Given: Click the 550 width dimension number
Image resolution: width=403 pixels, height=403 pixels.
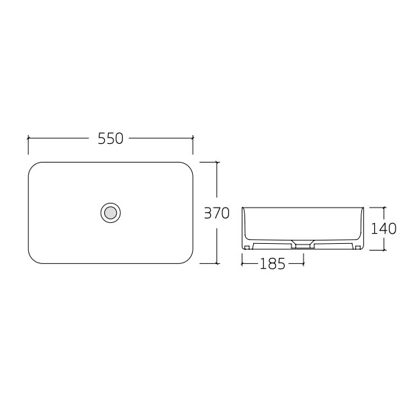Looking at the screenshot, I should pyautogui.click(x=111, y=138).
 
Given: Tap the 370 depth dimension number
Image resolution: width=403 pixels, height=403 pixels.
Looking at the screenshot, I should pyautogui.click(x=217, y=213).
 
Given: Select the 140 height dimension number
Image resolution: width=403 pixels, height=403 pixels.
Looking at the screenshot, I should pyautogui.click(x=384, y=228).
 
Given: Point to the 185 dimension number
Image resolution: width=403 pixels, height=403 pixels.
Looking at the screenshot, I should pyautogui.click(x=272, y=264).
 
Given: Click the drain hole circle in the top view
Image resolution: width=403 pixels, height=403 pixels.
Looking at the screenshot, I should pyautogui.click(x=110, y=213).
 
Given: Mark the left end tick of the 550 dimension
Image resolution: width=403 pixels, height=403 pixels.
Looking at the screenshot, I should pyautogui.click(x=28, y=138).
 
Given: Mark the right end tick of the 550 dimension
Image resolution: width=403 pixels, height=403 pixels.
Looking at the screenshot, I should pyautogui.click(x=193, y=138).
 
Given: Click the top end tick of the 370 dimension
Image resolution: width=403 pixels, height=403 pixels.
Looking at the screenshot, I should pyautogui.click(x=217, y=162).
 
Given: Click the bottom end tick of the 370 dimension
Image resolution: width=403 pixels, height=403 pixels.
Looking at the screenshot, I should pyautogui.click(x=217, y=263).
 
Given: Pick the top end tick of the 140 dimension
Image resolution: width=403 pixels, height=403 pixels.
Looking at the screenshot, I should pyautogui.click(x=384, y=206).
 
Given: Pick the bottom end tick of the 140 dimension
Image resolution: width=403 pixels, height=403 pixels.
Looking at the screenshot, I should pyautogui.click(x=384, y=250).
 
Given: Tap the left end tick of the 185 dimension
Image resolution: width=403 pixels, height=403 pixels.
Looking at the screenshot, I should pyautogui.click(x=242, y=264).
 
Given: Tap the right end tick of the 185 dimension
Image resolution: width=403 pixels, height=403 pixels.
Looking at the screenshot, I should pyautogui.click(x=303, y=264).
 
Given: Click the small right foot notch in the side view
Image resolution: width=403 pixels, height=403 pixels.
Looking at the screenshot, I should pyautogui.click(x=357, y=247).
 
